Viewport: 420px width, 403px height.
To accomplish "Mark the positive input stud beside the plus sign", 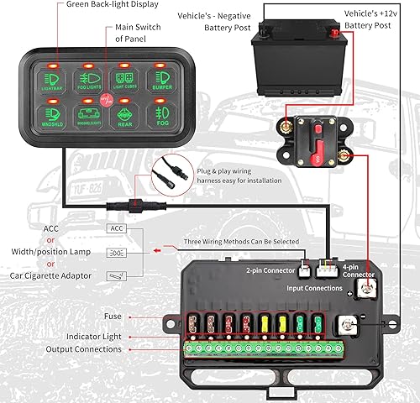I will [366, 290].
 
